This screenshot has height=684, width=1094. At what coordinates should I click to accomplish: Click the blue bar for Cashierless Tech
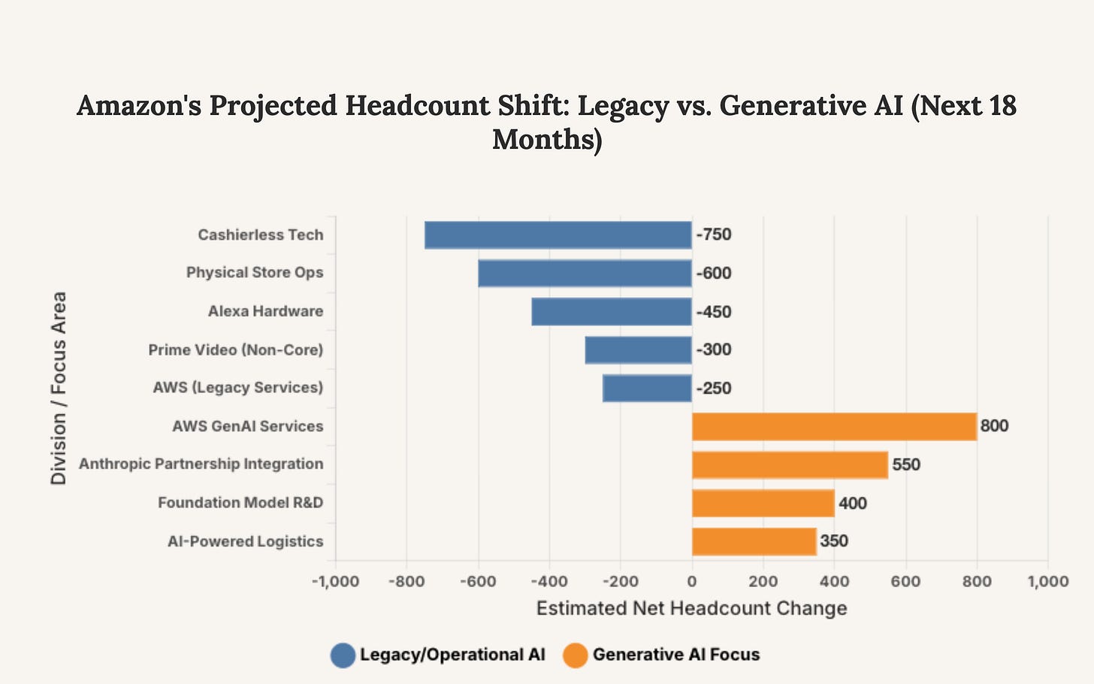(558, 235)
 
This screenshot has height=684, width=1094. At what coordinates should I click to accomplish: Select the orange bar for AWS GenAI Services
(834, 426)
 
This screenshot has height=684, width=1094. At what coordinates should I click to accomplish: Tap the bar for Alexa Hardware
(611, 311)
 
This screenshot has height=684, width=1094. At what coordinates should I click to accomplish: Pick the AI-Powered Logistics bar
(754, 541)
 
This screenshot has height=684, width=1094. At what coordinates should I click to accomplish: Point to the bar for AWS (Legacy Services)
(646, 388)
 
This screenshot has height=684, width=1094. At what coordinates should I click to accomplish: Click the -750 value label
(714, 235)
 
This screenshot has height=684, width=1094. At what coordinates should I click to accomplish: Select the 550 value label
(905, 465)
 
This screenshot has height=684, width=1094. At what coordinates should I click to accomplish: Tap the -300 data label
(714, 350)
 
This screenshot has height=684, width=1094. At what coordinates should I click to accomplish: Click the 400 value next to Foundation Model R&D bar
(852, 503)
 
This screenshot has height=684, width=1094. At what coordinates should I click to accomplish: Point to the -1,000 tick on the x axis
(335, 581)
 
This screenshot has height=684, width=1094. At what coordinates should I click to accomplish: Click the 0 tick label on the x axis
(691, 581)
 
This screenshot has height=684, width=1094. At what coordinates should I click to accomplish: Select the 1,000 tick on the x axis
(1047, 581)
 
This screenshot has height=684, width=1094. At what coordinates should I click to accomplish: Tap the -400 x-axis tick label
(549, 581)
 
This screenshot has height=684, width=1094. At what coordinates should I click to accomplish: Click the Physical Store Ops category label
(255, 272)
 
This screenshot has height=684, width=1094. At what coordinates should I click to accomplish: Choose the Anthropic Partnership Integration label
(201, 464)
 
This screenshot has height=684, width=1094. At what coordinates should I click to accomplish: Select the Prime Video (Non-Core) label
(235, 350)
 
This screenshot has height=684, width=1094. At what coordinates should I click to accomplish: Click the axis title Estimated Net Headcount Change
(691, 608)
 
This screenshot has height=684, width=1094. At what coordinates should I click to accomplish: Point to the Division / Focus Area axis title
(59, 388)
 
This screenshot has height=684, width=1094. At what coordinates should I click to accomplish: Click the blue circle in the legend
(343, 655)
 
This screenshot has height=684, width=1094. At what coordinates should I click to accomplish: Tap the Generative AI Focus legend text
(675, 655)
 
